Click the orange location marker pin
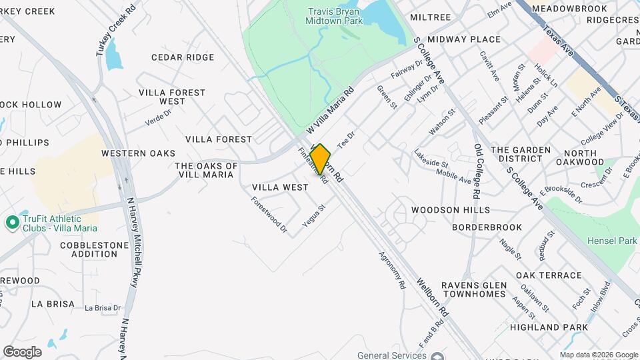(x=320, y=159)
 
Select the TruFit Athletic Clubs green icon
(x=11, y=223)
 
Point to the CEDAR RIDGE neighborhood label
(x=183, y=57)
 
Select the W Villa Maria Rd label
(x=329, y=111)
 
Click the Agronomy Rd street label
(x=391, y=269)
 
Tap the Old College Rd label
(x=477, y=171)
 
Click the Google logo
(x=22, y=352)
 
